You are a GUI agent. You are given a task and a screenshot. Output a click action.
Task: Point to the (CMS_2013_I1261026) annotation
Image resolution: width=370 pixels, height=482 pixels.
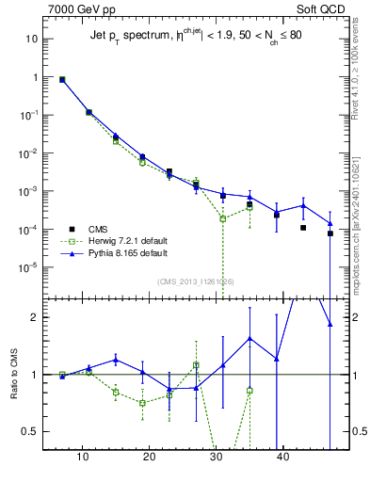(x=195, y=281)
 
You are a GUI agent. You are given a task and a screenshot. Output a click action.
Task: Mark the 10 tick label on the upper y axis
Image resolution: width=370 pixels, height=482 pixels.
(x=31, y=40)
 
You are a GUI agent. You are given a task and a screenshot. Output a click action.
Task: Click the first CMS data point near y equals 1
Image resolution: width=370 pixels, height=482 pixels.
(x=62, y=80)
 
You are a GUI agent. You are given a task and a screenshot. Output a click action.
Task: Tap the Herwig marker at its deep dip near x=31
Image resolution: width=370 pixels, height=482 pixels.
(x=223, y=218)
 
